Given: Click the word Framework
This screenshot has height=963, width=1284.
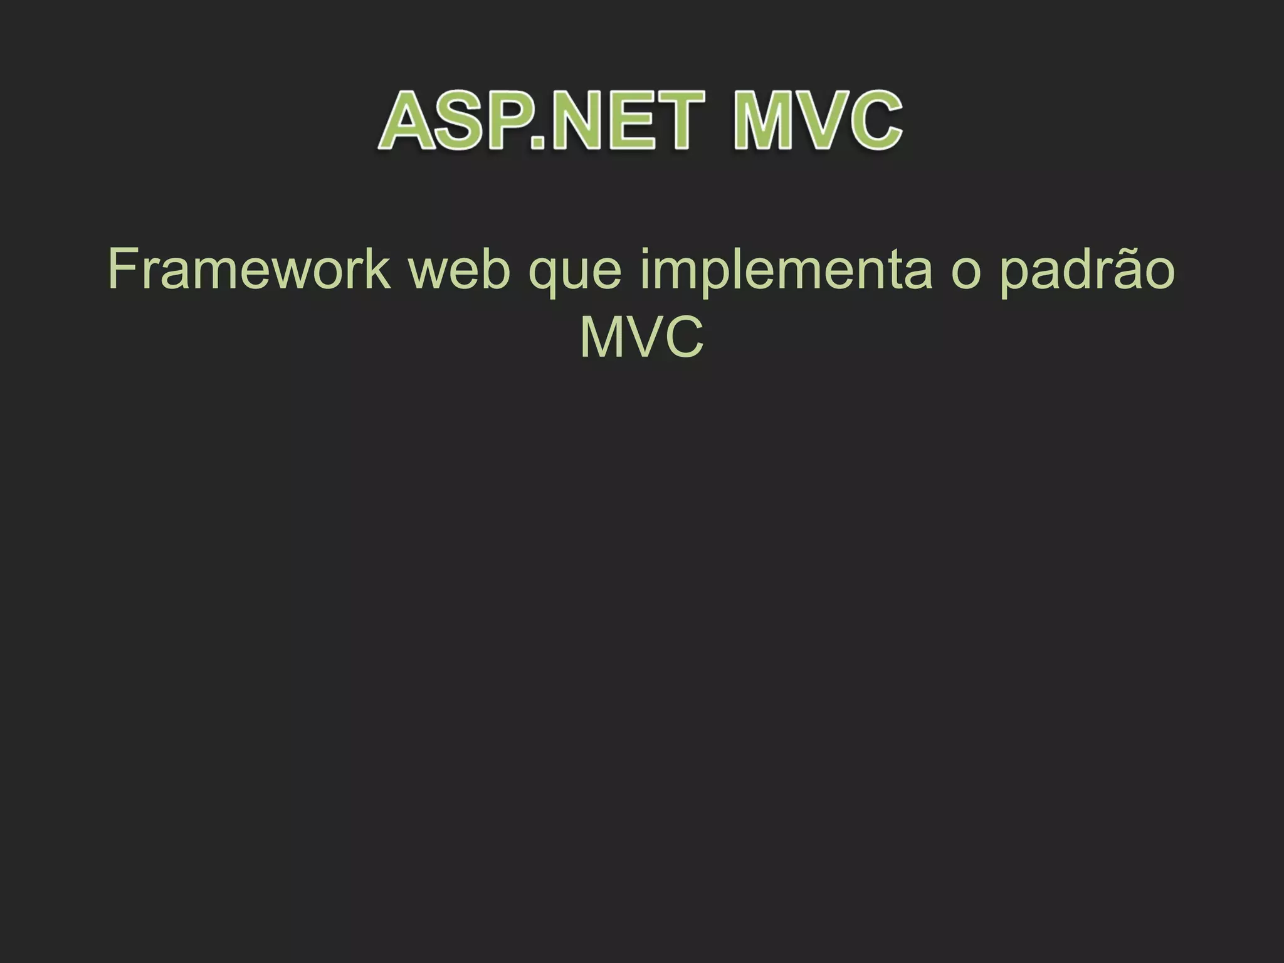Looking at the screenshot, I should click(x=249, y=270).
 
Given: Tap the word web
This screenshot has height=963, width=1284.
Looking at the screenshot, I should click(x=460, y=270).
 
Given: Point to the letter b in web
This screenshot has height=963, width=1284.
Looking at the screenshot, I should click(x=496, y=270).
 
